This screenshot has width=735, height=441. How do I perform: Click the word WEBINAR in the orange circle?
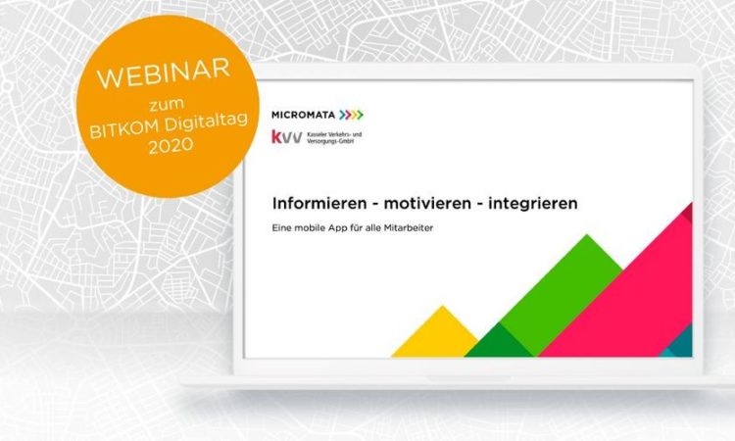pos(164,73)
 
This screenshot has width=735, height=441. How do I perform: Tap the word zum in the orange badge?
pos(167,104)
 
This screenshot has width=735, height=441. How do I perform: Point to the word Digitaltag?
pos(207,121)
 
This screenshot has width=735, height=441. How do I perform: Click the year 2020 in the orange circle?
pos(171,146)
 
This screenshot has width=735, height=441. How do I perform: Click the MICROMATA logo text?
pos(303,115)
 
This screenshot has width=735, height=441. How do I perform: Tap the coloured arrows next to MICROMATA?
pos(351,115)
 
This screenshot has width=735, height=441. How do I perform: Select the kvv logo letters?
pos(286,137)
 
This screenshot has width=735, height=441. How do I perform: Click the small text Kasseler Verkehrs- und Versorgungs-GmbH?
pos(334,137)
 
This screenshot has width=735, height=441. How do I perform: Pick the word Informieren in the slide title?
pos(319,204)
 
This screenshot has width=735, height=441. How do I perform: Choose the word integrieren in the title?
pos(533,204)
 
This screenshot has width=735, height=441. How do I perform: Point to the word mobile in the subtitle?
pos(310,227)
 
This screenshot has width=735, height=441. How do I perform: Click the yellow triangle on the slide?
pos(436,335)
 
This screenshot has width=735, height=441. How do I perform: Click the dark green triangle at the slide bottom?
pos(500,342)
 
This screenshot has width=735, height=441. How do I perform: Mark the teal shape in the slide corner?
pos(681,344)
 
